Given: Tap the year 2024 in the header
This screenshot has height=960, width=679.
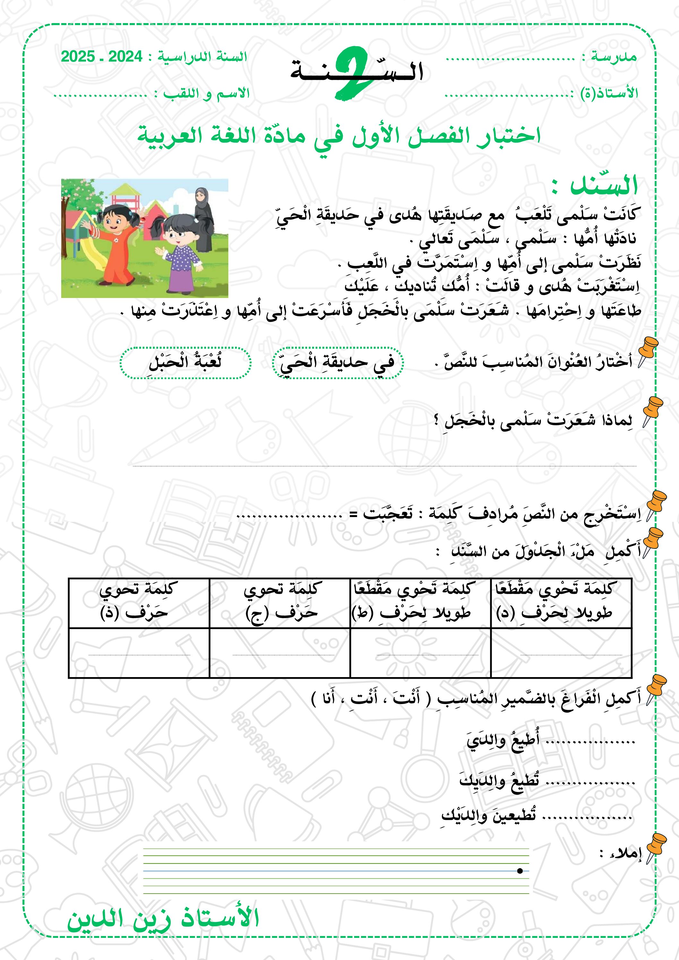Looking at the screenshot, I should (125, 56).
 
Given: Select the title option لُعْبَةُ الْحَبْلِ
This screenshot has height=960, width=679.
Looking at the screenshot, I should (185, 362).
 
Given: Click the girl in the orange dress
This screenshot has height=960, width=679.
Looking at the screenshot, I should (115, 242).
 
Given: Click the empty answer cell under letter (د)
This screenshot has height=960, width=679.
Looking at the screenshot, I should (561, 653).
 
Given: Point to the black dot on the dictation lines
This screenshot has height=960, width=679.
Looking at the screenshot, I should (520, 871).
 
